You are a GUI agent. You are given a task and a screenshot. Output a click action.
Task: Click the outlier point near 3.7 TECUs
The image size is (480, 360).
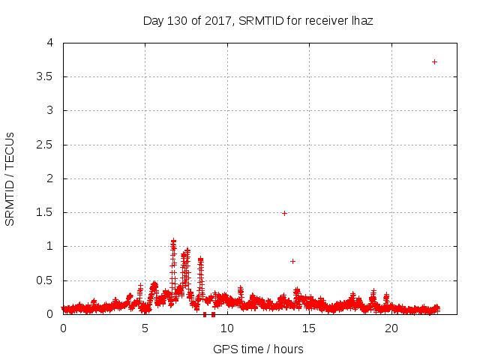click(434, 61)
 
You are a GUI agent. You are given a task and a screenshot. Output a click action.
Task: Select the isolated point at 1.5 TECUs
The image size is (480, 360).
click(284, 213)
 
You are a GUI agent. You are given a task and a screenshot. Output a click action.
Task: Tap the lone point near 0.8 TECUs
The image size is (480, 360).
click(292, 261)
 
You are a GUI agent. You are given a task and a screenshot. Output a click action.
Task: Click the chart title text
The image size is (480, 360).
click(258, 21)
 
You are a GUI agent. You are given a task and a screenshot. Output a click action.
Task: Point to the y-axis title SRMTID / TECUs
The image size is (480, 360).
click(10, 178)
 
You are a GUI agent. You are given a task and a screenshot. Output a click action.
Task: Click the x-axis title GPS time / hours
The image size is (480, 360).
click(258, 349)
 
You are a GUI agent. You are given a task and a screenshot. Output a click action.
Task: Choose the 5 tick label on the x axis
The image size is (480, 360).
click(145, 328)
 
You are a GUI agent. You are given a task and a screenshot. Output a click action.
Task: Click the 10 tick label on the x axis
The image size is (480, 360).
click(227, 328)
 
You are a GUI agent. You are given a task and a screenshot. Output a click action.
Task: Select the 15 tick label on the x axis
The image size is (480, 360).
click(309, 328)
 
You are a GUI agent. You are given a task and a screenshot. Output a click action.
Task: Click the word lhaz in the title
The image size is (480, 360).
click(361, 21)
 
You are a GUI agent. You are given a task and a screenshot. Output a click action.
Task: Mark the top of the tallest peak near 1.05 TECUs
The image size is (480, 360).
click(173, 241)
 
